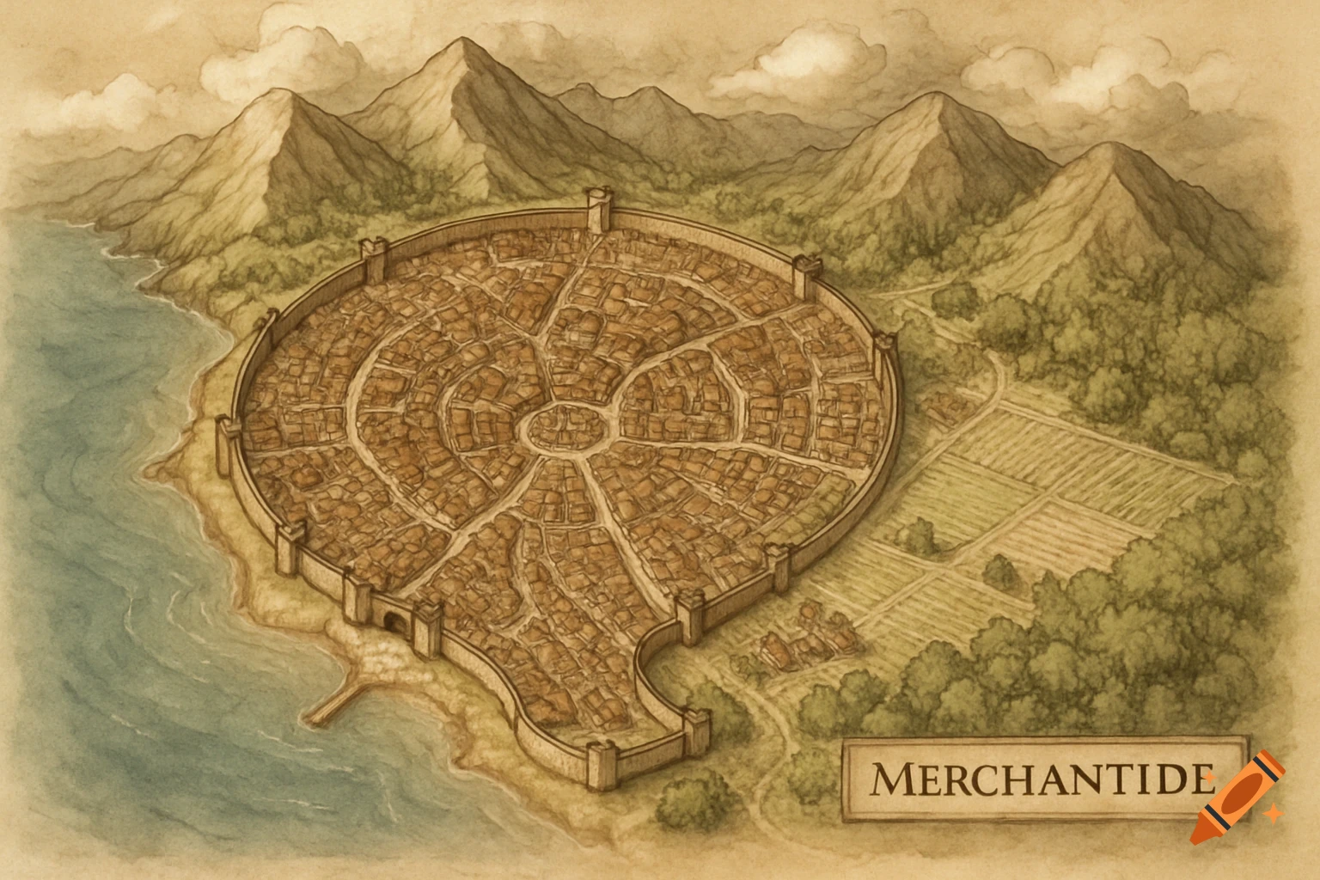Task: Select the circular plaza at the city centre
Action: tap(559, 425)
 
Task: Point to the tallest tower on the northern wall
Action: tap(596, 210)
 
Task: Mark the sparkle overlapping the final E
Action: tap(1209, 778)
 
